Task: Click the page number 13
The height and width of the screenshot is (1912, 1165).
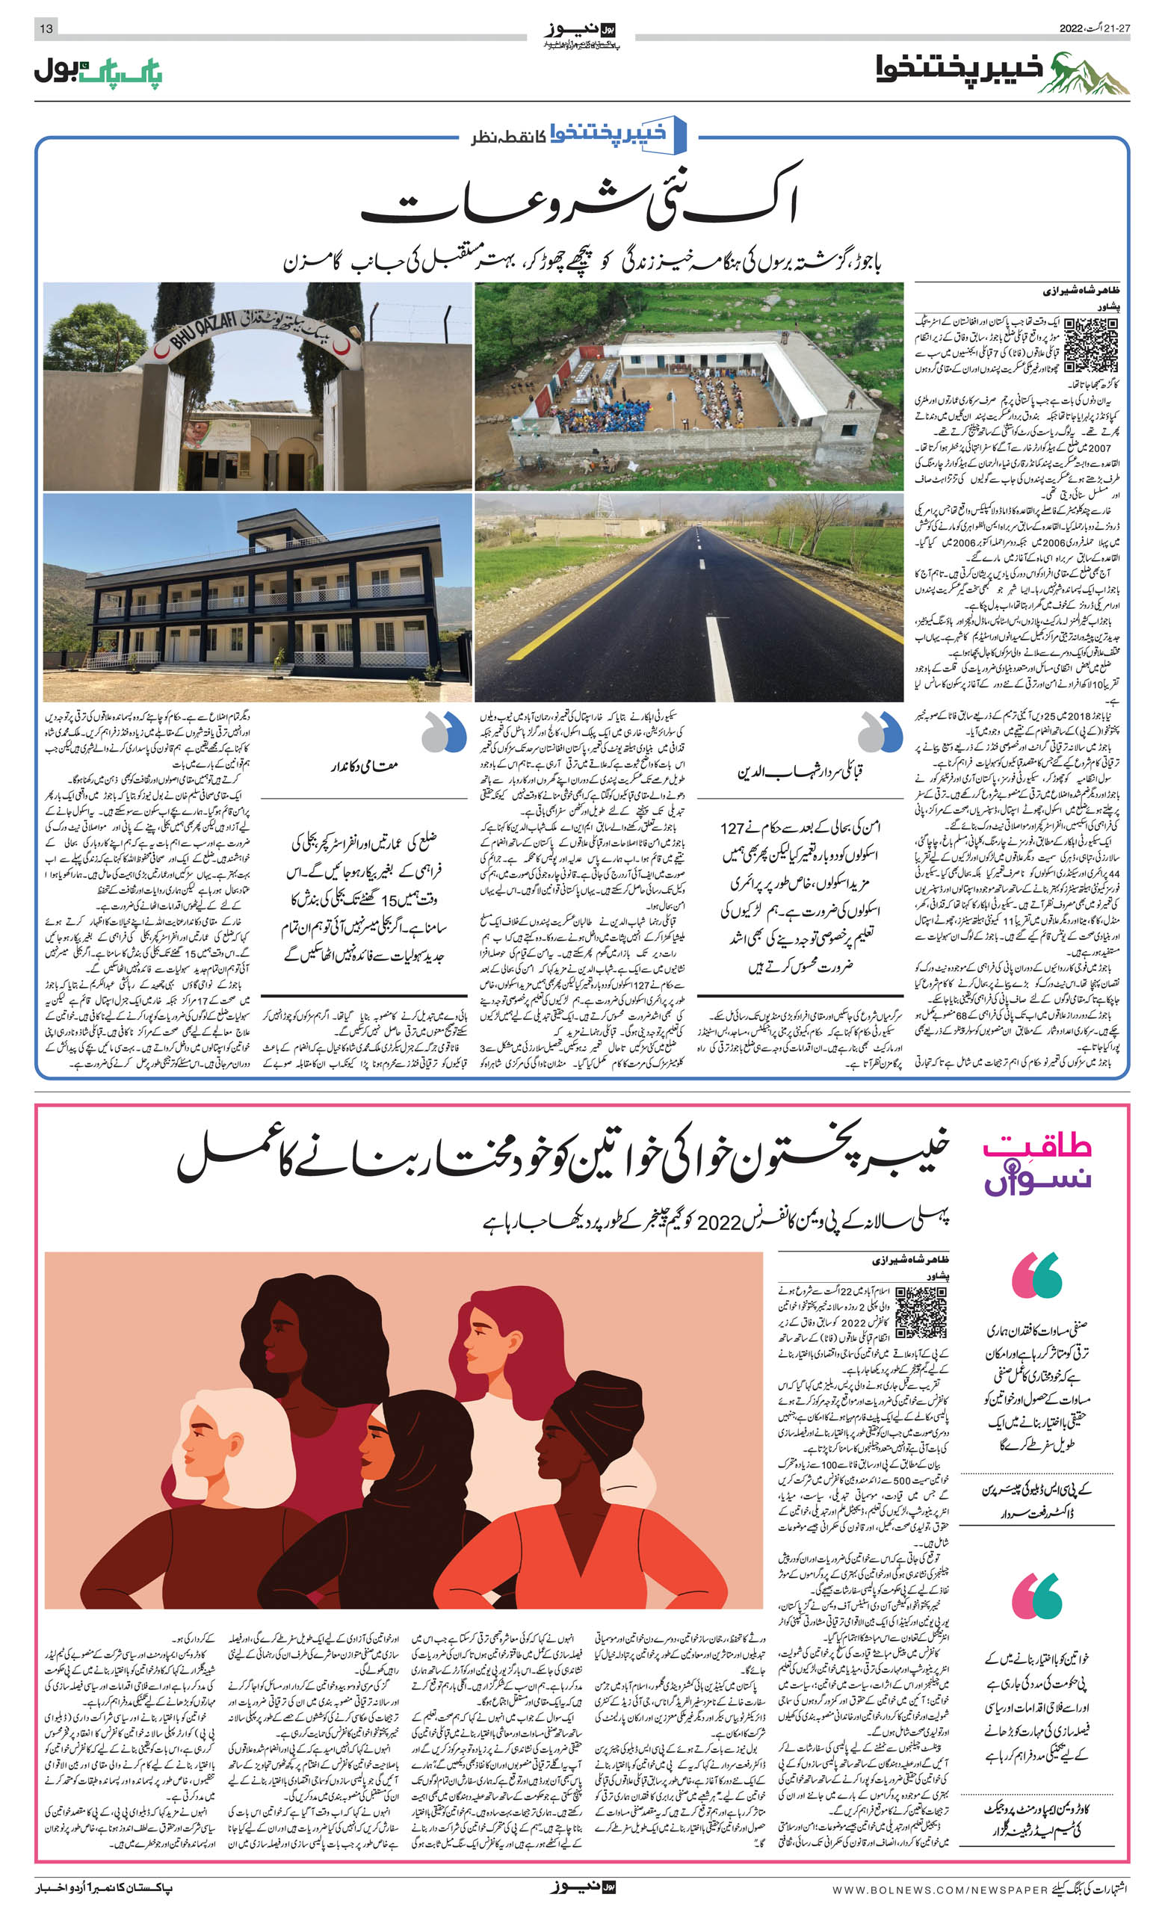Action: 46,28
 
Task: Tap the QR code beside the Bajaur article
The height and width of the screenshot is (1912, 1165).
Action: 1090,344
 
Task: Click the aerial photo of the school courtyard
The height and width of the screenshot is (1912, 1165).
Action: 688,386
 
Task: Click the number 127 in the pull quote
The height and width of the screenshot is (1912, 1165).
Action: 732,828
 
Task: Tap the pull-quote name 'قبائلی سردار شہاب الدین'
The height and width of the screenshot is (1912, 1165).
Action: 800,772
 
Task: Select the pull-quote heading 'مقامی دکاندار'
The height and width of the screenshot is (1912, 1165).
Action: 365,766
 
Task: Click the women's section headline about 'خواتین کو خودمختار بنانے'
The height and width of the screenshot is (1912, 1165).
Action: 563,1157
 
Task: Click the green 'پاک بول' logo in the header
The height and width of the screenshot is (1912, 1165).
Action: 98,72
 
